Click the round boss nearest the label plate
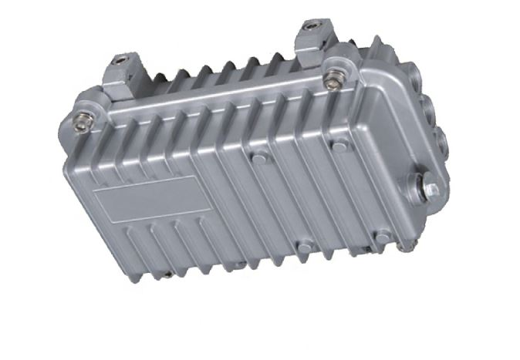point(260,157)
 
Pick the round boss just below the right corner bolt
point(338,143)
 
